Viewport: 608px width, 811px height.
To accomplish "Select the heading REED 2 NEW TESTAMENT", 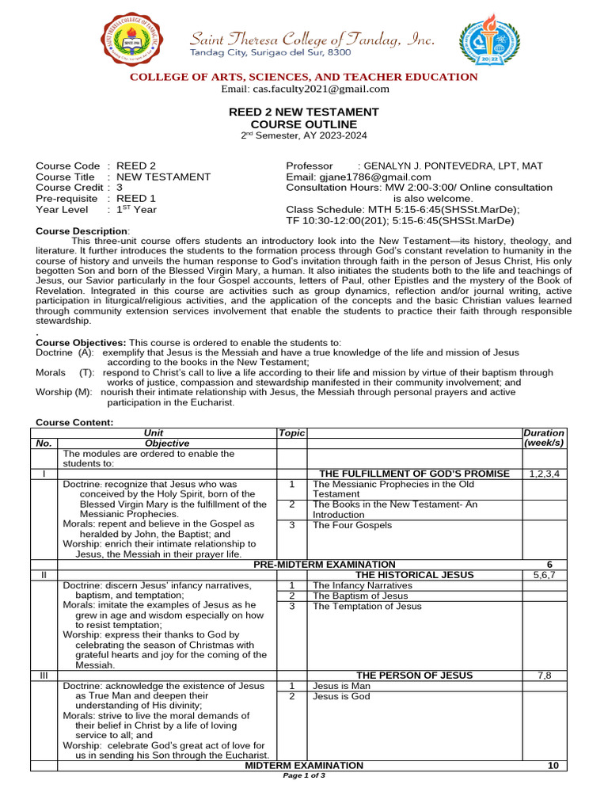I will (x=304, y=112).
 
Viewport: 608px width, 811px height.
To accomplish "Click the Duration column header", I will (x=544, y=433).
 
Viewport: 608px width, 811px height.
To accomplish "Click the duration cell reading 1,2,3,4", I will (x=544, y=474).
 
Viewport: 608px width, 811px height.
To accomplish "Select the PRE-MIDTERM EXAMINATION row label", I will (x=324, y=564).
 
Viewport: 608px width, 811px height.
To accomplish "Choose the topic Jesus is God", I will (x=341, y=697).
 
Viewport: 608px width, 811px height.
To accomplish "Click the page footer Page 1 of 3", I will (x=304, y=775).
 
